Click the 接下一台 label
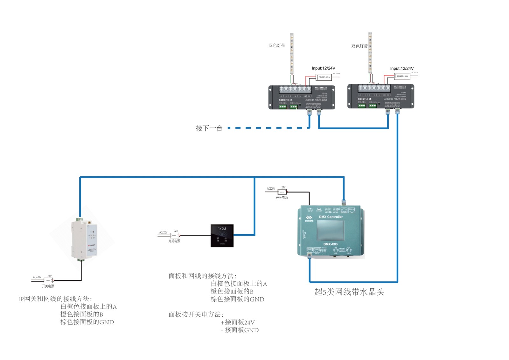pyautogui.click(x=209, y=128)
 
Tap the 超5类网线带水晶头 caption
pyautogui.click(x=349, y=292)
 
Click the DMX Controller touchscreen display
pyautogui.click(x=331, y=230)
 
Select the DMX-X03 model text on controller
pyautogui.click(x=330, y=244)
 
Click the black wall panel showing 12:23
pyautogui.click(x=222, y=236)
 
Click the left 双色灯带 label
pyautogui.click(x=277, y=46)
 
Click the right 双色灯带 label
pyautogui.click(x=359, y=46)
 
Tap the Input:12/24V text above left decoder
pyautogui.click(x=323, y=68)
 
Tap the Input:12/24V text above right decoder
pyautogui.click(x=402, y=68)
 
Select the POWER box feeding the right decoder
pyautogui.click(x=402, y=76)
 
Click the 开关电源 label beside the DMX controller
pyautogui.click(x=282, y=198)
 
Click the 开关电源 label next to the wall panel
pyautogui.click(x=174, y=241)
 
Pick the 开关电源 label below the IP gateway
pyautogui.click(x=48, y=286)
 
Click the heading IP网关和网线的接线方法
pyautogui.click(x=55, y=299)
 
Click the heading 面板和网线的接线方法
pyautogui.click(x=202, y=276)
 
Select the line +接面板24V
pyautogui.click(x=238, y=322)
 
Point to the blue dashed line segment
pyautogui.click(x=267, y=128)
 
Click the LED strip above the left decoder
pyautogui.click(x=291, y=53)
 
